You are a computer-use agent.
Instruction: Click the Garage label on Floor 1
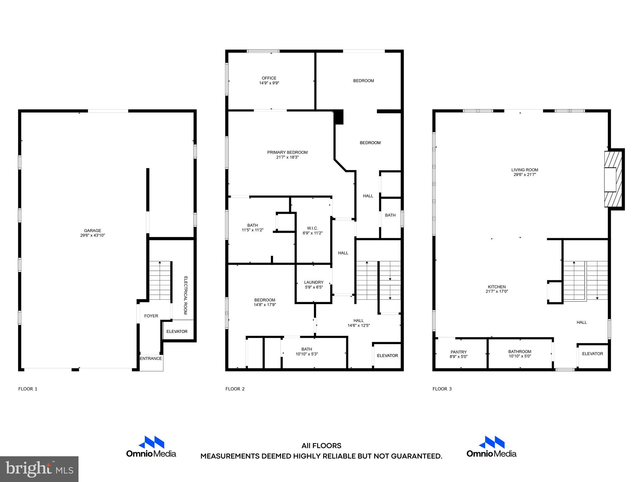(92, 231)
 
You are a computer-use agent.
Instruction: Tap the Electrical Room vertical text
(185, 295)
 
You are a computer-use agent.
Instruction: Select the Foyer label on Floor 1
(151, 316)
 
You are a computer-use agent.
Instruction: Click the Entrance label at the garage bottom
(151, 358)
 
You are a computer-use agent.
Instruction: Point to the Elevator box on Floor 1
(177, 331)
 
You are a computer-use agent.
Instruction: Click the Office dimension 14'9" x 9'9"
(269, 83)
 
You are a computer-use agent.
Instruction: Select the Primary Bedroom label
(287, 153)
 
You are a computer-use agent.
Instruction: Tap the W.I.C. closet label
(312, 228)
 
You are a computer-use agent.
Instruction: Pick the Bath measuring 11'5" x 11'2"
(252, 228)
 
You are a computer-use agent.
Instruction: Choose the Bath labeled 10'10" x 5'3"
(307, 351)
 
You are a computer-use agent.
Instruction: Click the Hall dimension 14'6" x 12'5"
(359, 325)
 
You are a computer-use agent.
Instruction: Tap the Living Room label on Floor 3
(525, 170)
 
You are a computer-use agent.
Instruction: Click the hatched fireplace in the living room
(613, 179)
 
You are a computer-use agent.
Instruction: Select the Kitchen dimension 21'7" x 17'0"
(497, 292)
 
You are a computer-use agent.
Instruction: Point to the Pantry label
(459, 352)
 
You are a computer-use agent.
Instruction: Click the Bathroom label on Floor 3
(520, 352)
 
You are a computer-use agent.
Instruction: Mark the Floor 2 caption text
(235, 389)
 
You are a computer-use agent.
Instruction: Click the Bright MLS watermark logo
(39, 469)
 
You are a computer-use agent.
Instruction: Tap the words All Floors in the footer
(321, 446)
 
